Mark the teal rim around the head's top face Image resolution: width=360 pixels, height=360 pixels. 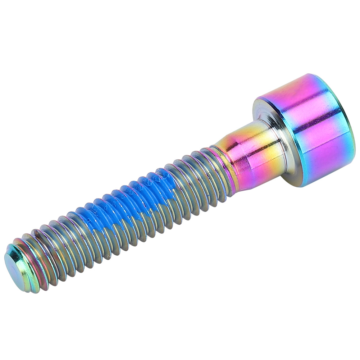click(347, 119)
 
